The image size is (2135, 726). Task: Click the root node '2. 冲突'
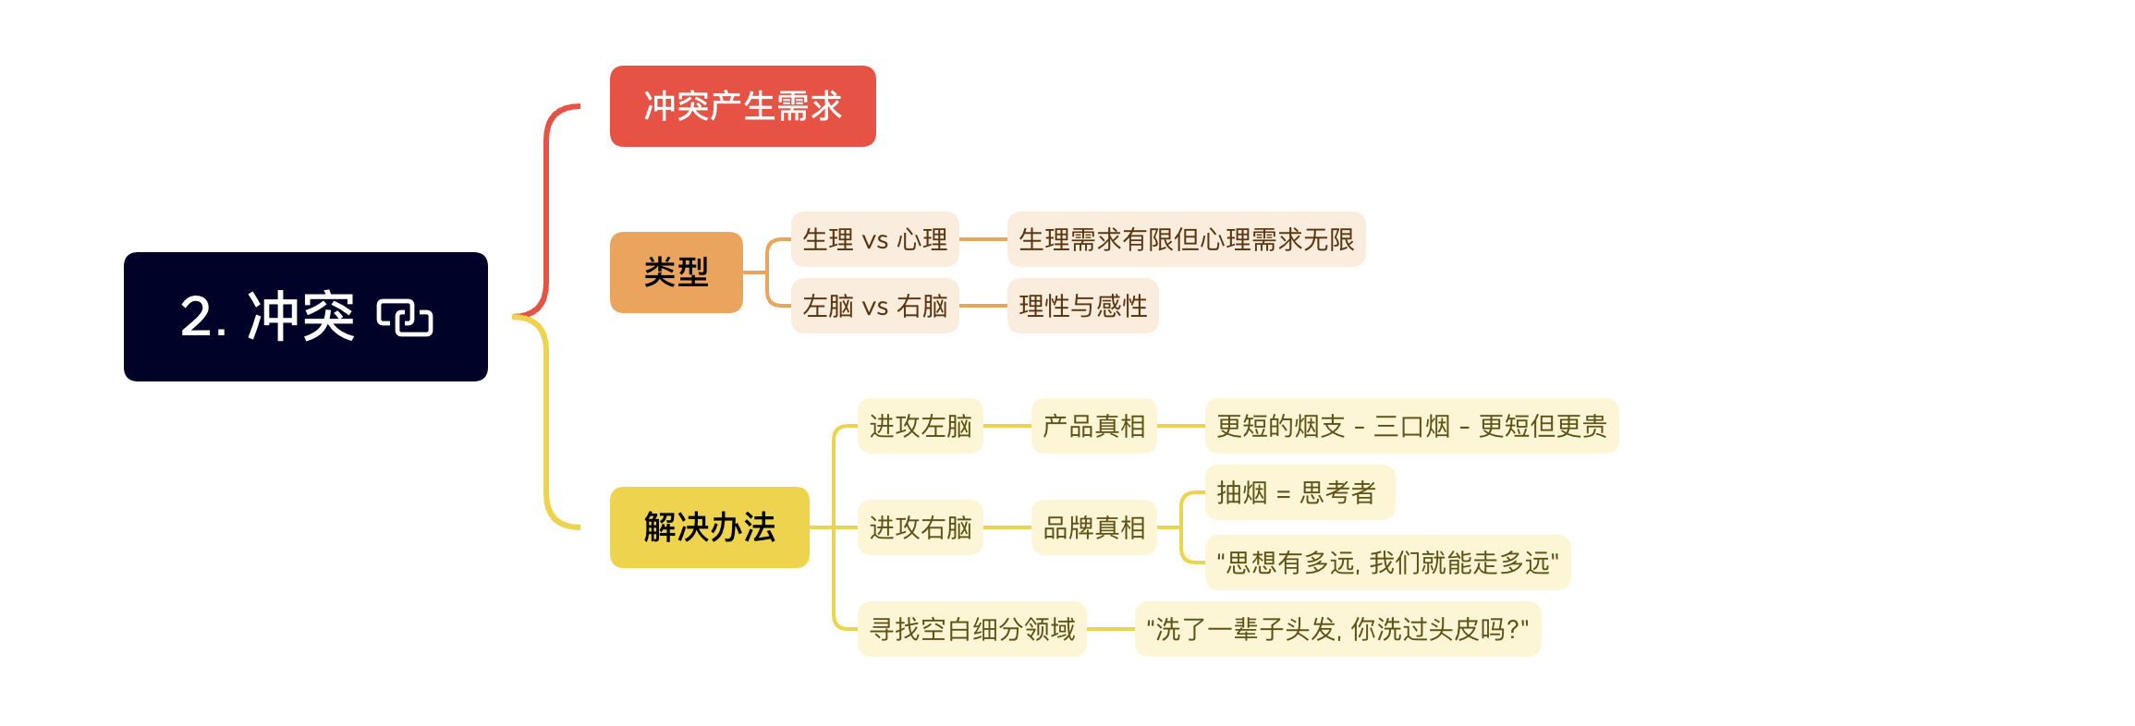coord(306,317)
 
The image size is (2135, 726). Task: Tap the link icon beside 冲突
coord(405,318)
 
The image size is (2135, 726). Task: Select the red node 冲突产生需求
coord(743,106)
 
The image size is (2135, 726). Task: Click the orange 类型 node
coord(677,272)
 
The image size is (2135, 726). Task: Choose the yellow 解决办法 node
coord(710,527)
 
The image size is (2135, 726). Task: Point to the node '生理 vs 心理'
coord(875,239)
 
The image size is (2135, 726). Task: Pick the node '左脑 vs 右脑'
coord(875,306)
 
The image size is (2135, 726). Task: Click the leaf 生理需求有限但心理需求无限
coord(1187,239)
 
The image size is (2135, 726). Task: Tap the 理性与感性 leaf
coord(1083,306)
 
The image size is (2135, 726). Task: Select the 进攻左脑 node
coord(921,426)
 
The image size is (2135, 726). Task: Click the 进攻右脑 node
coord(921,527)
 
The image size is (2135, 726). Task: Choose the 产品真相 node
coord(1094,426)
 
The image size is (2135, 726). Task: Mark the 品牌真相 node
coord(1094,527)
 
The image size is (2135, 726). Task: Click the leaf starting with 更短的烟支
coord(1412,426)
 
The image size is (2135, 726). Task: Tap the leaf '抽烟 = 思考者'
coord(1300,492)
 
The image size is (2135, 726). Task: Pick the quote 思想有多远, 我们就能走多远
coord(1388,563)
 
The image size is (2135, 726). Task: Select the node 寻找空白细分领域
coord(972,629)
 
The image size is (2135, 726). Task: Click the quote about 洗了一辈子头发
coord(1338,629)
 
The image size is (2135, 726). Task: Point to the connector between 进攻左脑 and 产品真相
coord(1007,426)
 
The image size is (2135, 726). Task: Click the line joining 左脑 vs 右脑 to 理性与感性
coord(983,306)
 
